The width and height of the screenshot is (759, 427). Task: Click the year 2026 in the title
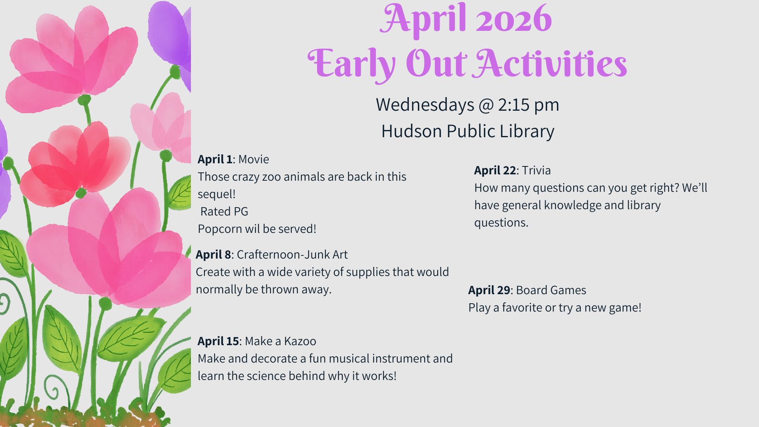pos(514,19)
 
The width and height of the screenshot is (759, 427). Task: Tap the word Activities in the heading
pos(551,63)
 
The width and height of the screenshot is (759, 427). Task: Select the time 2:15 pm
pos(529,105)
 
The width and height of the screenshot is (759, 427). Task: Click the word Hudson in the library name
pos(412,131)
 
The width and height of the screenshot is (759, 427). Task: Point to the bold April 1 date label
pos(215,159)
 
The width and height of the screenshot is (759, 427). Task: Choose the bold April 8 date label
pos(213,254)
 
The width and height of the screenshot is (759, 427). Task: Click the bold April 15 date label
pos(218,341)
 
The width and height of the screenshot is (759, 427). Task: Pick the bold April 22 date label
pos(495,170)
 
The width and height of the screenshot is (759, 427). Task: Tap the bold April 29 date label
pos(489,290)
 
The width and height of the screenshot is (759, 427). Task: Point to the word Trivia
pos(536,170)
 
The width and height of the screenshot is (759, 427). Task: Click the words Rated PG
pos(224,212)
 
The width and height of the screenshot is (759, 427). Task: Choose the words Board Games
pos(551,290)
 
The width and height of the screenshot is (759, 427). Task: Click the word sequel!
pos(217,194)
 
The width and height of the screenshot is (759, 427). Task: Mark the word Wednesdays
pos(425,105)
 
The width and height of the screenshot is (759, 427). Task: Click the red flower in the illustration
pos(75,162)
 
